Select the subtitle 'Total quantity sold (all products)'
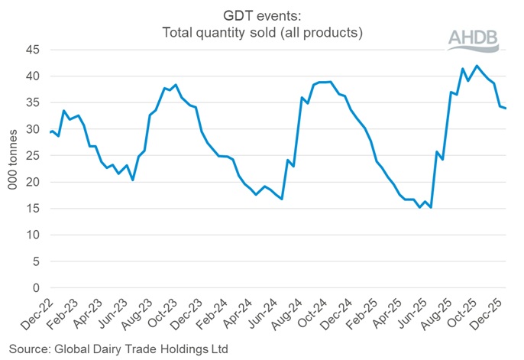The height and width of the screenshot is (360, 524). click(x=262, y=33)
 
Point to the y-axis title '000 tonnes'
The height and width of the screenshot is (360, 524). click(x=13, y=168)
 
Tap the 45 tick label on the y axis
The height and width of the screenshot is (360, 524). click(x=33, y=50)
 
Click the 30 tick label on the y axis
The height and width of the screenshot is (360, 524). click(x=33, y=129)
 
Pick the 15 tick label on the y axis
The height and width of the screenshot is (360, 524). click(x=33, y=209)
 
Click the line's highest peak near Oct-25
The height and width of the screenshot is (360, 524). click(x=477, y=66)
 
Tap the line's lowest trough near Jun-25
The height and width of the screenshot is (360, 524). click(x=432, y=207)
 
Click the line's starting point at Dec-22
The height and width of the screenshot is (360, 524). click(x=50, y=132)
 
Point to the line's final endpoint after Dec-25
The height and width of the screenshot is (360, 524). click(x=507, y=108)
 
